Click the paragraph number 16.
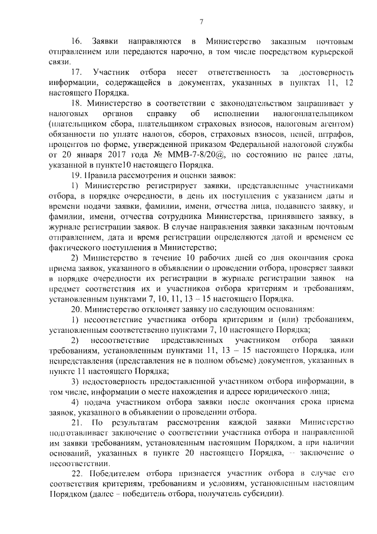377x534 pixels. pos(76,42)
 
